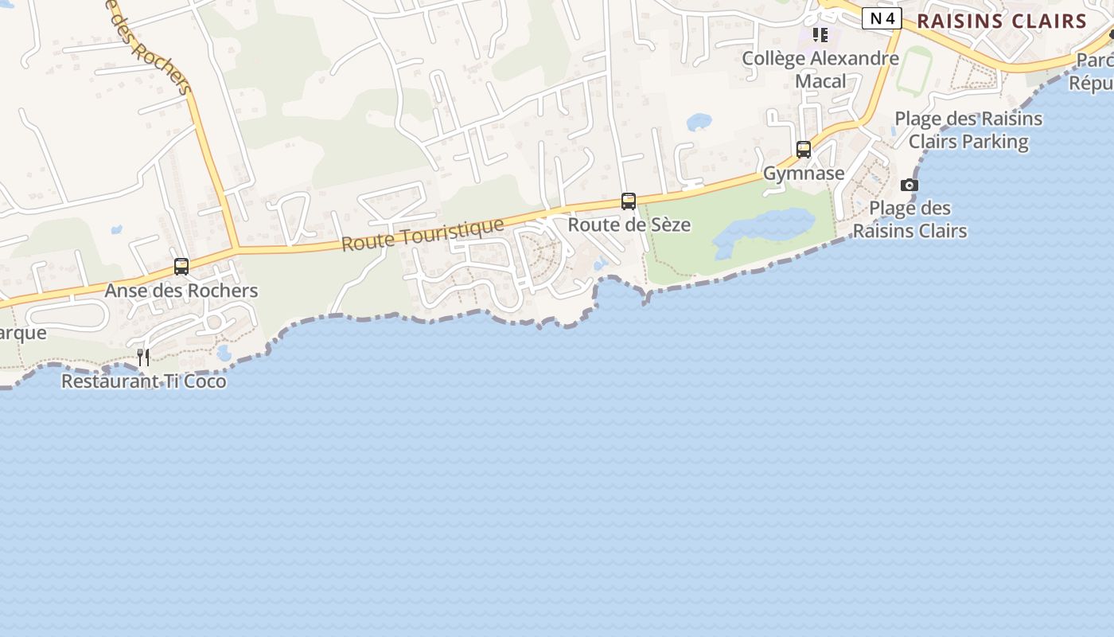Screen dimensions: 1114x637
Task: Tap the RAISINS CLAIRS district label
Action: [1002, 21]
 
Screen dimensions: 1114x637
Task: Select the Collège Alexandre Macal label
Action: [820, 69]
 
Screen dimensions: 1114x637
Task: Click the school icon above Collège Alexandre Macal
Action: [820, 35]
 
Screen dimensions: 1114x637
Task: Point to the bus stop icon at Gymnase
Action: [804, 150]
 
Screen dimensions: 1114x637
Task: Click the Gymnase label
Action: [804, 174]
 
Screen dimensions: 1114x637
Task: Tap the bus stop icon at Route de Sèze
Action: [629, 201]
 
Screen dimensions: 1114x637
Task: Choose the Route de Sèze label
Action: [629, 225]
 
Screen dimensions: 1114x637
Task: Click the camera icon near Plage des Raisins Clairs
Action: [909, 186]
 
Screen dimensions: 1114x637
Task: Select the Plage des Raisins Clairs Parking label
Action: [968, 131]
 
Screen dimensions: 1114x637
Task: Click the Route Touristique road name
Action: [423, 235]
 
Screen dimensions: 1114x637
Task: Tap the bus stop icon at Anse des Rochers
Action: [181, 267]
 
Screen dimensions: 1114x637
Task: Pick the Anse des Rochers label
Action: [181, 291]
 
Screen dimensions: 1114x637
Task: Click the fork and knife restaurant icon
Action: [143, 358]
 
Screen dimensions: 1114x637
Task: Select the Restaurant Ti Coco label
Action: [144, 381]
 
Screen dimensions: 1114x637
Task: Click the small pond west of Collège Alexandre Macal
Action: [699, 122]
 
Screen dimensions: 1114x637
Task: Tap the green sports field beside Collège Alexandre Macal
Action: [915, 72]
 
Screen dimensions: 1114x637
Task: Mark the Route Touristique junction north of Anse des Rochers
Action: [236, 249]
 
